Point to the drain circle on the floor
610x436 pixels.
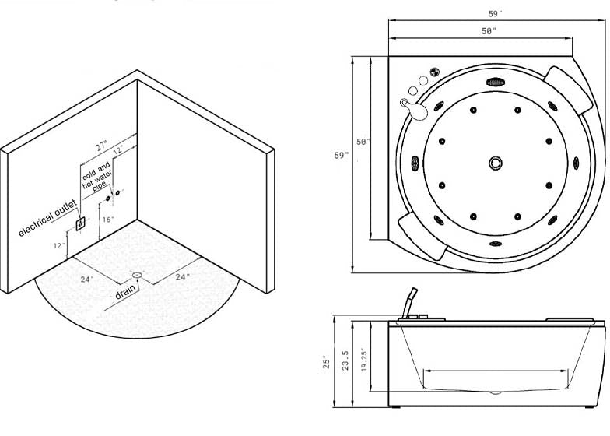[x=138, y=275]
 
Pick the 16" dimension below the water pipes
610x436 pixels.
[x=107, y=220]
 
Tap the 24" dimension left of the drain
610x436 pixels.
[x=87, y=279]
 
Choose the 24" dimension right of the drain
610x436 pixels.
[x=181, y=276]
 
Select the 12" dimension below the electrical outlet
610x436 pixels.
[x=58, y=246]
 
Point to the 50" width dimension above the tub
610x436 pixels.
[x=489, y=30]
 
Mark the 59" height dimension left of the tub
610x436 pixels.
[x=341, y=156]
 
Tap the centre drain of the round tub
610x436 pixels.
[x=496, y=163]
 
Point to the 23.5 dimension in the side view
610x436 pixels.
[x=345, y=363]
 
